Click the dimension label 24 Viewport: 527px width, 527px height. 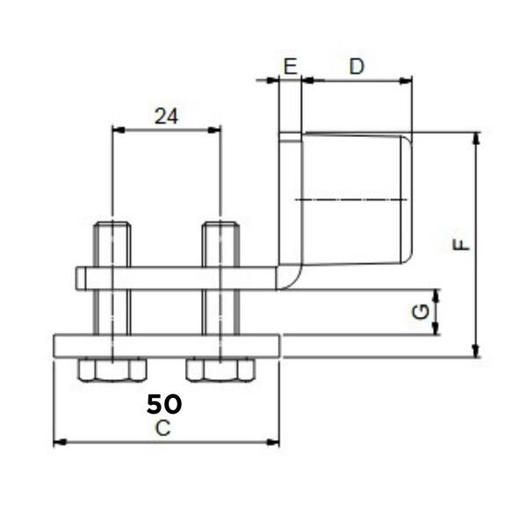166,117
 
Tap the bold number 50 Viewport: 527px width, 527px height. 164,404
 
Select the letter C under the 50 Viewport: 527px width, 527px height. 163,429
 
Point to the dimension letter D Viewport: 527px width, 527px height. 357,67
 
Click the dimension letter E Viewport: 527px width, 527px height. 291,67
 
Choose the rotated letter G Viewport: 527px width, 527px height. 421,312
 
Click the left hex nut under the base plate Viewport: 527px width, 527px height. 112,370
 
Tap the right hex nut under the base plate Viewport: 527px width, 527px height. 220,370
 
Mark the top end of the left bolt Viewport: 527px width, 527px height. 112,222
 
